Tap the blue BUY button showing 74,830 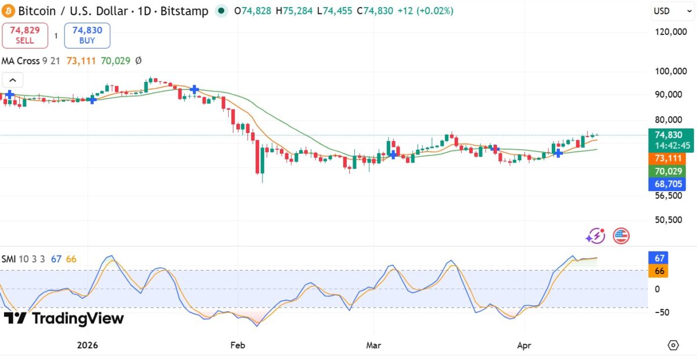pyautogui.click(x=87, y=35)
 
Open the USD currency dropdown pyautogui.click(x=668, y=10)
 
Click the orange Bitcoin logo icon pyautogui.click(x=9, y=11)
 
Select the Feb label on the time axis pyautogui.click(x=238, y=345)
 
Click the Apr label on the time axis pyautogui.click(x=525, y=345)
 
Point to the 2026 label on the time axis pyautogui.click(x=88, y=345)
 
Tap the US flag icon pyautogui.click(x=621, y=236)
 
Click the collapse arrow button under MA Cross pyautogui.click(x=13, y=81)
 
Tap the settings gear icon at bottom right pyautogui.click(x=673, y=345)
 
